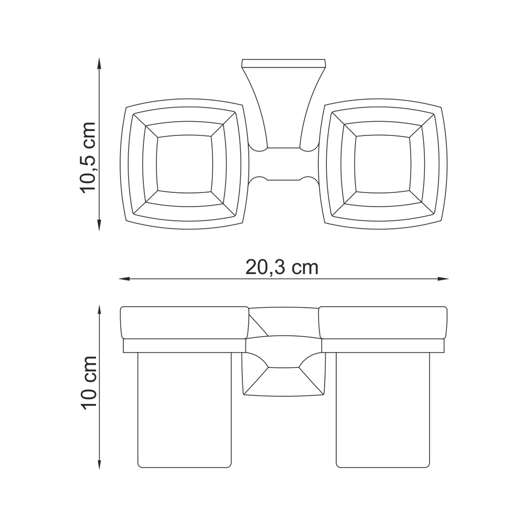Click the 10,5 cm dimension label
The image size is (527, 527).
(x=87, y=158)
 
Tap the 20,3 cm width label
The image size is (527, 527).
(x=281, y=268)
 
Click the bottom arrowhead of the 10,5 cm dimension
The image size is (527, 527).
(x=99, y=226)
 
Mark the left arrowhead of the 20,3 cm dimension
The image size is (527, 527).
(x=125, y=279)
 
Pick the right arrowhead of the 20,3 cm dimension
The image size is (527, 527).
(x=443, y=279)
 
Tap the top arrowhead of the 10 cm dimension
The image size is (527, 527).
(x=99, y=310)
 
